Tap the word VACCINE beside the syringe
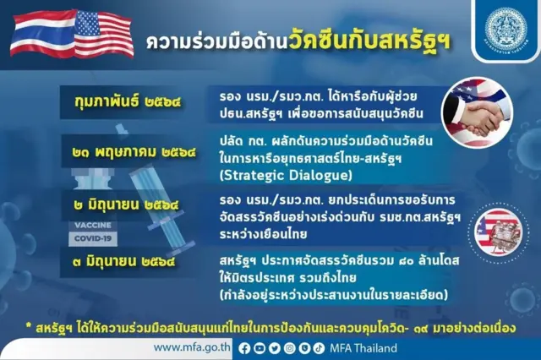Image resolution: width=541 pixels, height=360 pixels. [x=94, y=226]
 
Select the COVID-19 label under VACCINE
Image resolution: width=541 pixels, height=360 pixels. [x=93, y=239]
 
